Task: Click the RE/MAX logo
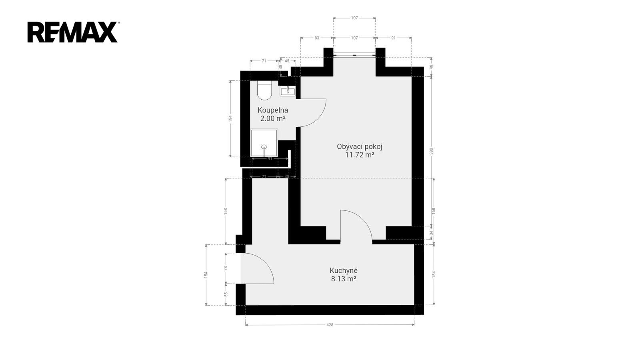coord(73,32)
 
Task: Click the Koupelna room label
coord(272,110)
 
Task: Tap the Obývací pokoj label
coord(360,146)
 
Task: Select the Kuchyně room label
coord(344,270)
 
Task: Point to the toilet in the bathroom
coord(264,90)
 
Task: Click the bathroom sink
coord(288,91)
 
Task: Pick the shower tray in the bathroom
coord(264,143)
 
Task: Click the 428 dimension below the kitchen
coord(330,325)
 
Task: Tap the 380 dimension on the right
coord(432,151)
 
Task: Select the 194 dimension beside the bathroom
coord(230,118)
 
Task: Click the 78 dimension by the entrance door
coord(226,268)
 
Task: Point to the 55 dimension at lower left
coord(226,294)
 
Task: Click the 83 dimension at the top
coord(316,38)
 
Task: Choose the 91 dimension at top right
coord(394,38)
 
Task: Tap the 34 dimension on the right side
coord(432,233)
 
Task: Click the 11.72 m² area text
coord(360,155)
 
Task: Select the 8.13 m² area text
coord(344,279)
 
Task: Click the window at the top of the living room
coord(354,54)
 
